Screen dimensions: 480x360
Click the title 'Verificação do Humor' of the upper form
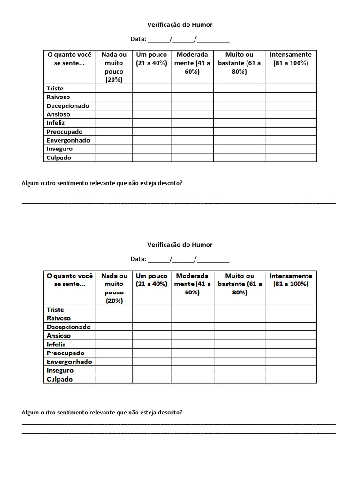[180, 24]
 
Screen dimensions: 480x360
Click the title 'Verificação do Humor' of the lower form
[180, 245]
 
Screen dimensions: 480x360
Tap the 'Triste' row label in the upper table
[55, 89]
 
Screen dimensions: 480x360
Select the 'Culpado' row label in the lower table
[60, 379]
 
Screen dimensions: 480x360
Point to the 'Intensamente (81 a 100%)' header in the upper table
[291, 59]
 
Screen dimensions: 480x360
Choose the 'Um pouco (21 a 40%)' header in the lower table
[151, 280]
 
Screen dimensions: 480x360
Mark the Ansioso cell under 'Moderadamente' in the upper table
[192, 114]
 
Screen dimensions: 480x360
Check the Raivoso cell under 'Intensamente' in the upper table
[291, 97]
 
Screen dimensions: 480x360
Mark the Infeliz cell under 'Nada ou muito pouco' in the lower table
[114, 345]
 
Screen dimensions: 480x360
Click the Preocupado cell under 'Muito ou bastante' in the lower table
[240, 353]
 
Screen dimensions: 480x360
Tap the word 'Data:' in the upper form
[138, 39]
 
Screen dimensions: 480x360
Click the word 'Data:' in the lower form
[138, 259]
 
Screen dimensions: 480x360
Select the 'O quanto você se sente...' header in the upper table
[70, 59]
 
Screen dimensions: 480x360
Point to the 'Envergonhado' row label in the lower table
[69, 362]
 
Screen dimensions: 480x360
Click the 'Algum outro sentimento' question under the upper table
[102, 183]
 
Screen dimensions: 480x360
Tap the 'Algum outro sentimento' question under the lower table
[102, 412]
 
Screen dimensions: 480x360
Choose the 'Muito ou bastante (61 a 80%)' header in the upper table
[240, 63]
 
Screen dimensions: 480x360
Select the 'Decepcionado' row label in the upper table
[68, 106]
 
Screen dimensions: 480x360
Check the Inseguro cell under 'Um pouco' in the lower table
[151, 370]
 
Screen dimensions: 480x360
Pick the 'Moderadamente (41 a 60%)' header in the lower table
[192, 284]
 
